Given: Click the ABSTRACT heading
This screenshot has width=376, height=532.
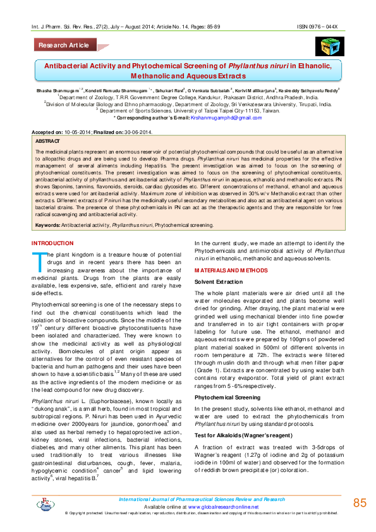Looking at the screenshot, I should click(x=48, y=141).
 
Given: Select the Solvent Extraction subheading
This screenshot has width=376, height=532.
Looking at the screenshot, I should click(x=218, y=281).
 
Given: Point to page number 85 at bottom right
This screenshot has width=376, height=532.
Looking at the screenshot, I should click(x=360, y=503).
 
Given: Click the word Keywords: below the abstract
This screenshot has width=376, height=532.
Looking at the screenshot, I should click(x=48, y=225).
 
